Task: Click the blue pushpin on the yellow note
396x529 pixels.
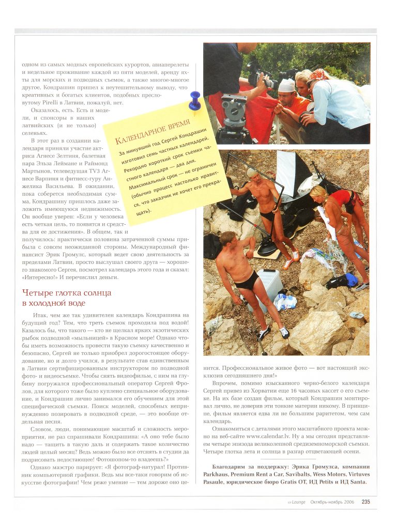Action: pos(194,100)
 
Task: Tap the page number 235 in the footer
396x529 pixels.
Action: pos(365,501)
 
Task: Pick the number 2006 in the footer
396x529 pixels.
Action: pos(349,502)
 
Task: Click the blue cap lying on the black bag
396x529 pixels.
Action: pos(352,279)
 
